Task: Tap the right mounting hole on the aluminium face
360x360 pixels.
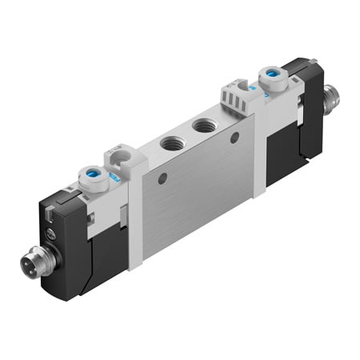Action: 234,138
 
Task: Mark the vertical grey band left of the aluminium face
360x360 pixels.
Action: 134,216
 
